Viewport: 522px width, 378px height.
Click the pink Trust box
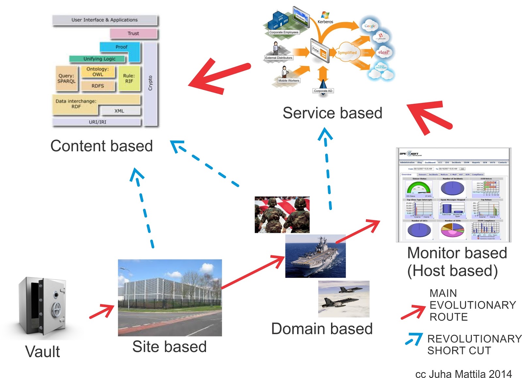point(133,33)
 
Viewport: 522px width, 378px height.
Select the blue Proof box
point(121,47)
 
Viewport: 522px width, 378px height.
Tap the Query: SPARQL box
point(67,79)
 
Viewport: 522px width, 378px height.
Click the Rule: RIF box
point(129,78)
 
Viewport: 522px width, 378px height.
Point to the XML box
point(119,111)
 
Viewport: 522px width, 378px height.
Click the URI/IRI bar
point(97,122)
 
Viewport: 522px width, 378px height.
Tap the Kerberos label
point(325,22)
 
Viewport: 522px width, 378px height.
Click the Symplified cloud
point(347,52)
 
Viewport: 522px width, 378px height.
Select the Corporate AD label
point(323,91)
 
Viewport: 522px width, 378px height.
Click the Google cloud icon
point(370,26)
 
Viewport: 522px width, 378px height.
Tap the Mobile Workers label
point(289,81)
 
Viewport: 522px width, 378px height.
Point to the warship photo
point(315,256)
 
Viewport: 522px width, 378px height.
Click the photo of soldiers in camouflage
point(282,214)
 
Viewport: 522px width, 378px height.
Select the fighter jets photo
point(344,299)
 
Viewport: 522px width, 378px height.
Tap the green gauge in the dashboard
point(419,188)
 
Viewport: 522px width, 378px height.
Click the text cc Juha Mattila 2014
point(463,374)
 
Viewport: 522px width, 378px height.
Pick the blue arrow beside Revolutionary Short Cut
point(414,339)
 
